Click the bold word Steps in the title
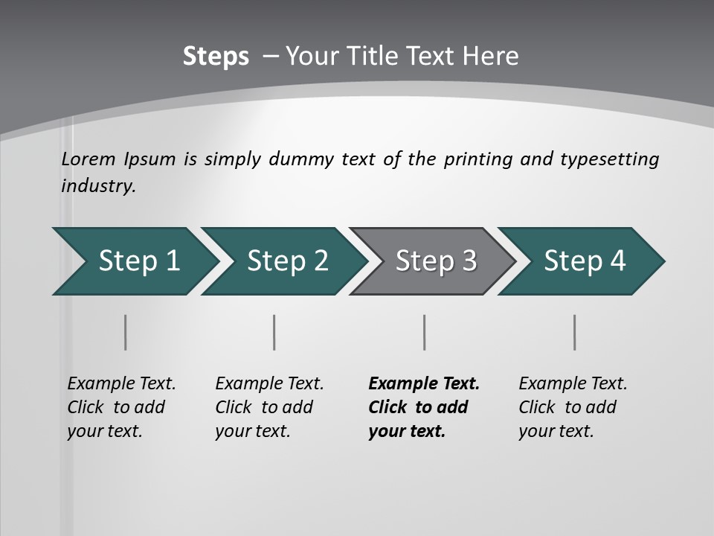[216, 57]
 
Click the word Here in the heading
[490, 57]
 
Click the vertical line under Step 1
[125, 332]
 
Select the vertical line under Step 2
[274, 332]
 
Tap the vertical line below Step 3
[424, 332]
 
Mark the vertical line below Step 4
[574, 332]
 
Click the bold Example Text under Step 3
[424, 384]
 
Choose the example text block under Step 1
[121, 407]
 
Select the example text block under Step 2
[269, 407]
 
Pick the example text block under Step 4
[573, 407]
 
